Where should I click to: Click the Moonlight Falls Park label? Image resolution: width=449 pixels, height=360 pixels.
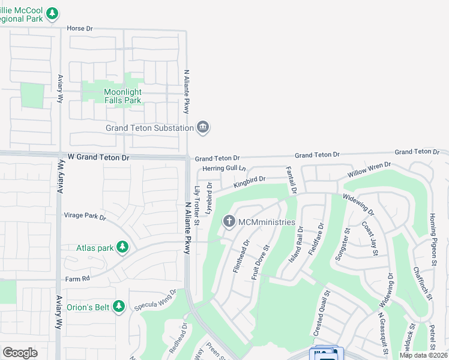coord(122,96)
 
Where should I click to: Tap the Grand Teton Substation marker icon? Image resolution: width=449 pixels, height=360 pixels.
coord(203,127)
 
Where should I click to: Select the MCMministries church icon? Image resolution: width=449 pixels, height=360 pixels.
coord(229,222)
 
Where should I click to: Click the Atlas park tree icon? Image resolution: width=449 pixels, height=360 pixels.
coord(122,247)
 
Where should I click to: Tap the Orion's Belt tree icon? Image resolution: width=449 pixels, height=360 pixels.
coord(119,307)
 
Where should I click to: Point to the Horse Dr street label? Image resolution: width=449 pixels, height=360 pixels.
coord(80,28)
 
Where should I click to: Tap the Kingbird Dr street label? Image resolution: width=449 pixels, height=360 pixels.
coord(250,181)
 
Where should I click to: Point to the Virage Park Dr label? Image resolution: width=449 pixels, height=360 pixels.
coord(85,216)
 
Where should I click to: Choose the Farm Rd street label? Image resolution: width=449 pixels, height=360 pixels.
coord(77,279)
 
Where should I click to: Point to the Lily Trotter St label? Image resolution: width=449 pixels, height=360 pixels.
coord(197,202)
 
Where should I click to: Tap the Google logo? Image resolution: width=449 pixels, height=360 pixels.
coord(20,353)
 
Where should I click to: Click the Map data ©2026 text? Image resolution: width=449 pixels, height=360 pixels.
coord(423,355)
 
